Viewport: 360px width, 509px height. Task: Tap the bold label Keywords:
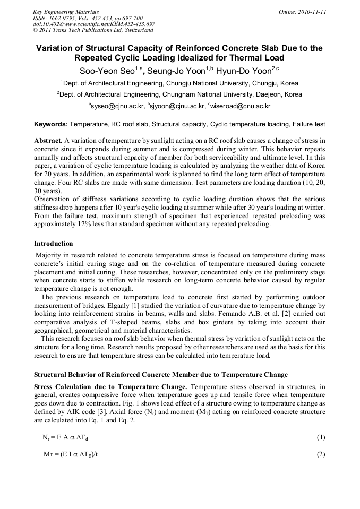[51, 124]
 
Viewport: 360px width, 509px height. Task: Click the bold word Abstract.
[48, 141]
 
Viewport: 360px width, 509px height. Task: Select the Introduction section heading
[53, 244]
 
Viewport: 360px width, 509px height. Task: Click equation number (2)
[321, 454]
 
